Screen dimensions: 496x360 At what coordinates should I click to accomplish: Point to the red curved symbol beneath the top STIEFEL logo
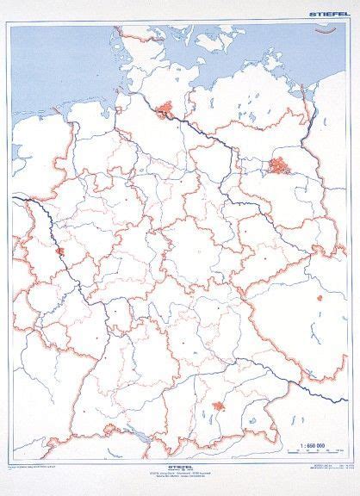pyautogui.click(x=327, y=31)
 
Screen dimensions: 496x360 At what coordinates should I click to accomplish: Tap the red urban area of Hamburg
pyautogui.click(x=164, y=108)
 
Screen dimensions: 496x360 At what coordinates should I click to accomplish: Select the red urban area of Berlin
pyautogui.click(x=280, y=165)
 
